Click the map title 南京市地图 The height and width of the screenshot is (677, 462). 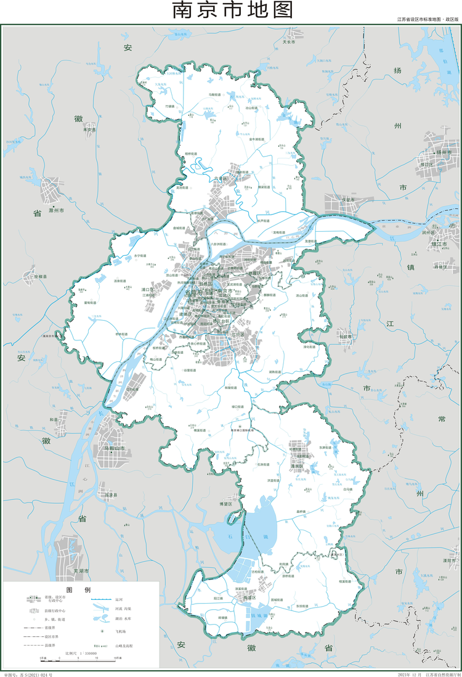(x=232, y=11)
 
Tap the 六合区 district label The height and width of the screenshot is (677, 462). (x=221, y=179)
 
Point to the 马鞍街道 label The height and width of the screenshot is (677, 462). (x=215, y=94)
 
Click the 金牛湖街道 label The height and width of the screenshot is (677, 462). (x=257, y=139)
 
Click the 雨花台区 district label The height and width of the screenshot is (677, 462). (x=220, y=321)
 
